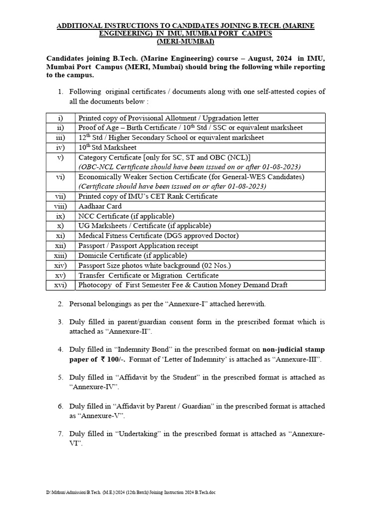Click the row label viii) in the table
(60, 206)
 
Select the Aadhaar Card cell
(100, 206)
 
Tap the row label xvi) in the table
(60, 285)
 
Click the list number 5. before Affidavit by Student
(60, 378)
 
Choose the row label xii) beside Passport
(60, 246)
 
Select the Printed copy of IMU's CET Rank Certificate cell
(148, 196)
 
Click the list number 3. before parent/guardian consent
(60, 322)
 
